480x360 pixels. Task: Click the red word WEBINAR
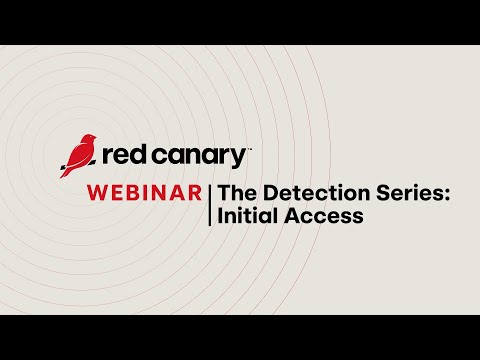144,193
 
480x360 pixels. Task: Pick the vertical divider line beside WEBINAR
210,203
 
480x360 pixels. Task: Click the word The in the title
236,193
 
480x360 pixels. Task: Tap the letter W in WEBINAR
98,193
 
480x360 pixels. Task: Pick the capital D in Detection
270,193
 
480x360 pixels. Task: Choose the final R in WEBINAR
195,193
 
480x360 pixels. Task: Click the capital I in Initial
221,215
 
